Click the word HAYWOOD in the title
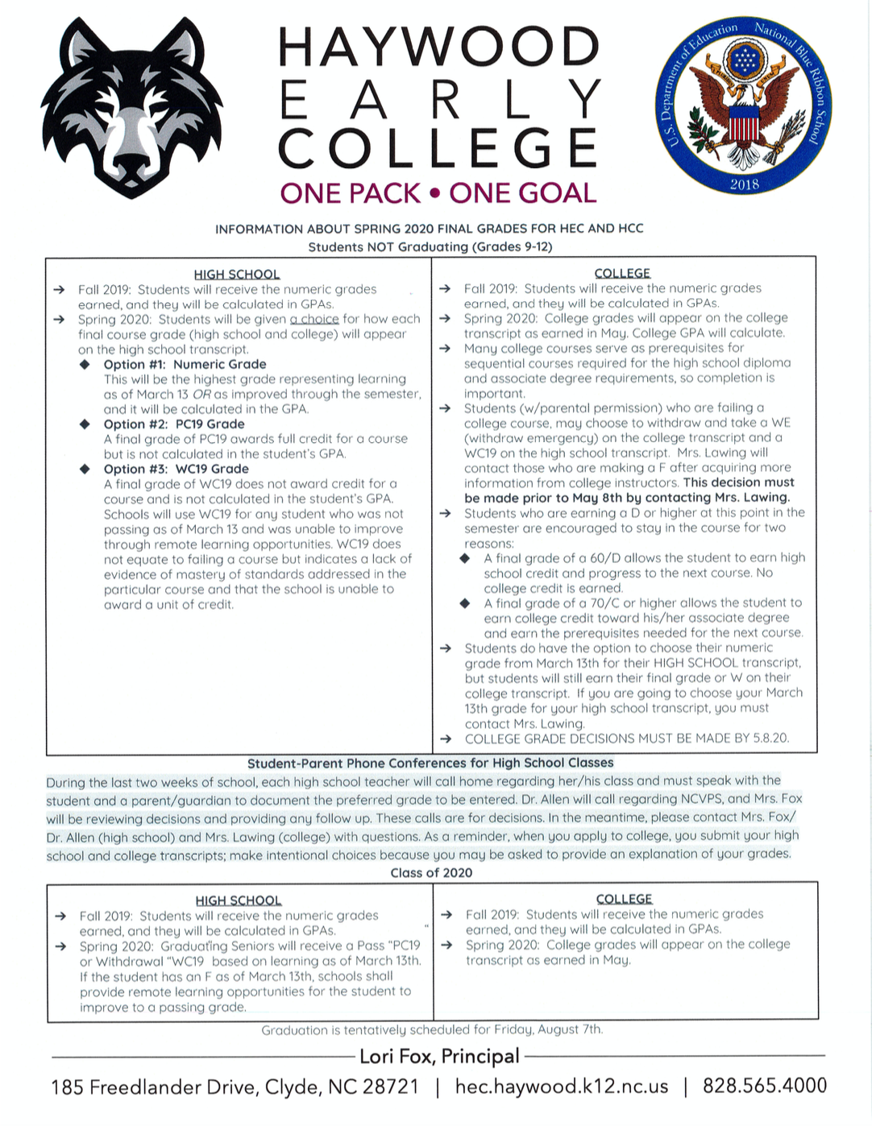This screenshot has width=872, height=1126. click(x=438, y=48)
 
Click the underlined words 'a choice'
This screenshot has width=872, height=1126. click(x=314, y=319)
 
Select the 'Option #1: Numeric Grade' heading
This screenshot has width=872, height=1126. click(x=185, y=364)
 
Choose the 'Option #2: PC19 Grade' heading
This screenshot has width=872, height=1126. click(x=174, y=424)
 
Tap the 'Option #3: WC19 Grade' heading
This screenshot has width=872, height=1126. click(x=176, y=469)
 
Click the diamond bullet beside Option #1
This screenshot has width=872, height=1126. click(x=85, y=364)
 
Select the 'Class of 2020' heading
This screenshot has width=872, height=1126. click(x=431, y=872)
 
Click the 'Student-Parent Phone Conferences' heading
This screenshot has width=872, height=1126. click(x=430, y=763)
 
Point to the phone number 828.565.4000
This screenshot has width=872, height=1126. click(x=764, y=1086)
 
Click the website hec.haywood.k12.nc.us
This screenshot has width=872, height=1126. click(x=562, y=1086)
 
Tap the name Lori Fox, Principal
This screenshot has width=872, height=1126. click(x=439, y=1056)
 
